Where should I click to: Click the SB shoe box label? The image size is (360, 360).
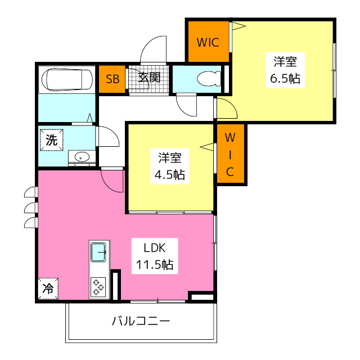tap(112, 79)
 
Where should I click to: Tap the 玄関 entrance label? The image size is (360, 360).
tap(150, 77)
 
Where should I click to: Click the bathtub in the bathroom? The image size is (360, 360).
tap(67, 79)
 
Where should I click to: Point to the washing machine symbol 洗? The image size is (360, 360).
tap(51, 141)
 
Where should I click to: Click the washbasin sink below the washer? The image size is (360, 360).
tap(82, 157)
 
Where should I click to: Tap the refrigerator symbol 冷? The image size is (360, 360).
tap(48, 290)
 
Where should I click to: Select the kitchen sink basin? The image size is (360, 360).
tap(99, 251)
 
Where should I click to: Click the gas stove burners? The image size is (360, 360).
tap(99, 287)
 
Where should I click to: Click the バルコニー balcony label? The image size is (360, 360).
tap(140, 322)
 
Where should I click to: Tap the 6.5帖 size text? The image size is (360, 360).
tap(285, 78)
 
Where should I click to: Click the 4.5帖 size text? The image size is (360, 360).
tap(170, 174)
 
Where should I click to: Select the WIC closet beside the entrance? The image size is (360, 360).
tap(208, 42)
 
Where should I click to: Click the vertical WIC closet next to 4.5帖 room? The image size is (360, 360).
tap(230, 154)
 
